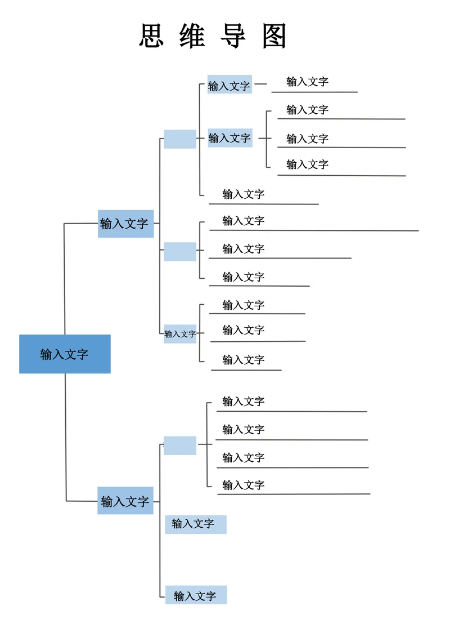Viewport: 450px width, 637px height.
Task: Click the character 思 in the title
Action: point(151,36)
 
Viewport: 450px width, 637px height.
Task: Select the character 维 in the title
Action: point(192,36)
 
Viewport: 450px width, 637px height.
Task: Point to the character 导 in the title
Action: point(233,36)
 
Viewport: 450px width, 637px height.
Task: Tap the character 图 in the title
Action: point(274,36)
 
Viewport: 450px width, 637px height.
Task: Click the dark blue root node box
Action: point(65,354)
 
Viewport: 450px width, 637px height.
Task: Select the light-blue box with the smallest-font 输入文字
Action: point(180,334)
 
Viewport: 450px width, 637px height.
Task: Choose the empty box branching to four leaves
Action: point(180,446)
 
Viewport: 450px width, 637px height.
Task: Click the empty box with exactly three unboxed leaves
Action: point(180,251)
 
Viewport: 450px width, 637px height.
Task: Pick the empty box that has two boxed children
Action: point(180,139)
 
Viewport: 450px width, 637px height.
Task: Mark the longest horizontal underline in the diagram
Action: point(314,230)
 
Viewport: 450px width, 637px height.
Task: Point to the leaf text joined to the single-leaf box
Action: point(307,82)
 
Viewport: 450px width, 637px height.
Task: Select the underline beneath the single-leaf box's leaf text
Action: point(314,92)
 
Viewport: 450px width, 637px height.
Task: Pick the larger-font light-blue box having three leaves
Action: point(229,137)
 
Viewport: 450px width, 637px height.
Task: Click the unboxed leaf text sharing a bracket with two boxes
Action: point(243,194)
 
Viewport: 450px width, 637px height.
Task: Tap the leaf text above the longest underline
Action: point(243,221)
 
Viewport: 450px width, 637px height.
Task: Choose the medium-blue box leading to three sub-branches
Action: point(125,224)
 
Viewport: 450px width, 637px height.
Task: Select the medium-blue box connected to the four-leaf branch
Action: point(125,501)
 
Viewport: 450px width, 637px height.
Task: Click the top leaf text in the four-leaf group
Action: point(243,402)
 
